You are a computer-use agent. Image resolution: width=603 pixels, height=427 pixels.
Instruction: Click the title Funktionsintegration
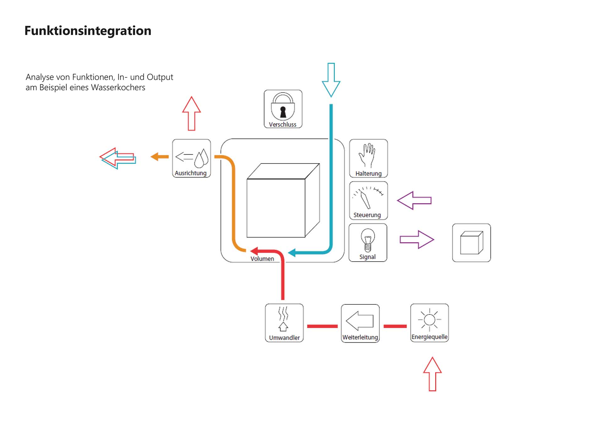[88, 31]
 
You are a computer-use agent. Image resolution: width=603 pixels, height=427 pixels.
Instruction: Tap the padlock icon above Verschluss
[283, 107]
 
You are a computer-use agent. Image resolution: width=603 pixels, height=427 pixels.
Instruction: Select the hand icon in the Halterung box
[368, 155]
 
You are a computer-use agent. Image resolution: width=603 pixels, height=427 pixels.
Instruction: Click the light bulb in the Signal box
[368, 240]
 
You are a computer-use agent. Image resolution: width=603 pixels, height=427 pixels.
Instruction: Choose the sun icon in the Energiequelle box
[429, 320]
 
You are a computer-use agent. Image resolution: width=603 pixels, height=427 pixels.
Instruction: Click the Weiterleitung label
[360, 337]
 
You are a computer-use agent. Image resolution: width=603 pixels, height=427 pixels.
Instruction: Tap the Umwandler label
[284, 338]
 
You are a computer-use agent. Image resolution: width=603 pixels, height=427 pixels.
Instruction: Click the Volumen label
[262, 259]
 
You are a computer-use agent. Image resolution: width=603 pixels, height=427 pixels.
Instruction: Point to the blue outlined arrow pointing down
[331, 80]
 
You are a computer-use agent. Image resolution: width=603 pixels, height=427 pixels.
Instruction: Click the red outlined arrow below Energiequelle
[432, 374]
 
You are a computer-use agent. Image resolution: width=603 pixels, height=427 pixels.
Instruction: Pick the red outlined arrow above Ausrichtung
[191, 114]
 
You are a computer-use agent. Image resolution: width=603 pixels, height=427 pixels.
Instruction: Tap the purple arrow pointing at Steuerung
[414, 200]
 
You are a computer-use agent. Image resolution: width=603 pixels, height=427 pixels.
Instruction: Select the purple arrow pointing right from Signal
[417, 240]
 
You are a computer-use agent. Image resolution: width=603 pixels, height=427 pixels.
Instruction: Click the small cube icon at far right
[471, 243]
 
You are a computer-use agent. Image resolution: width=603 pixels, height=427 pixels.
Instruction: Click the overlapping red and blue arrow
[118, 158]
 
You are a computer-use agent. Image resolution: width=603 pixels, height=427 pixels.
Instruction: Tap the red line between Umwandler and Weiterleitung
[322, 326]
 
